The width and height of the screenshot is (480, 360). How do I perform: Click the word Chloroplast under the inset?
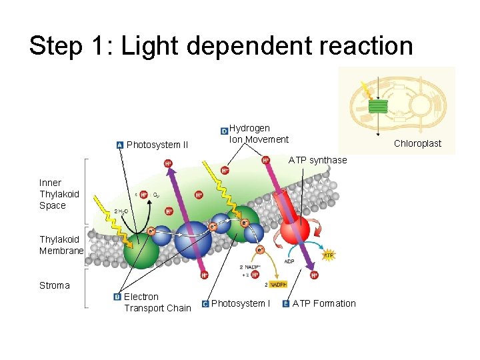[417, 143]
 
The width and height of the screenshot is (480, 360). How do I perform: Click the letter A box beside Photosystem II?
[119, 145]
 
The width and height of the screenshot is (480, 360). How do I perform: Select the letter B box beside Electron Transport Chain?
[117, 297]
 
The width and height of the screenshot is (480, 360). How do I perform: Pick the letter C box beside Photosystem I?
[205, 304]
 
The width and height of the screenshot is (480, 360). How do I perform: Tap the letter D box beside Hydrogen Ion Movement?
[224, 131]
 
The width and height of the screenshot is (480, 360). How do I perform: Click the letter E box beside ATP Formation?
[286, 304]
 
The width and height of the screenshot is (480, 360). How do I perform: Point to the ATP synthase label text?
[317, 160]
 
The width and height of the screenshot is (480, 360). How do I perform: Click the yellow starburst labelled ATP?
[328, 255]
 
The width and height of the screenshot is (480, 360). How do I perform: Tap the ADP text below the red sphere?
[289, 261]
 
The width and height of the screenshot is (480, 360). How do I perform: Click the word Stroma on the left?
[54, 285]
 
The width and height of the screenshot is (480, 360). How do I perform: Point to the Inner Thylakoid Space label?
[59, 194]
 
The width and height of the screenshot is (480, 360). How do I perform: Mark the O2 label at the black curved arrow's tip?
[156, 195]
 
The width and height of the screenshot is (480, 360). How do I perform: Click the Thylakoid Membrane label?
[61, 245]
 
